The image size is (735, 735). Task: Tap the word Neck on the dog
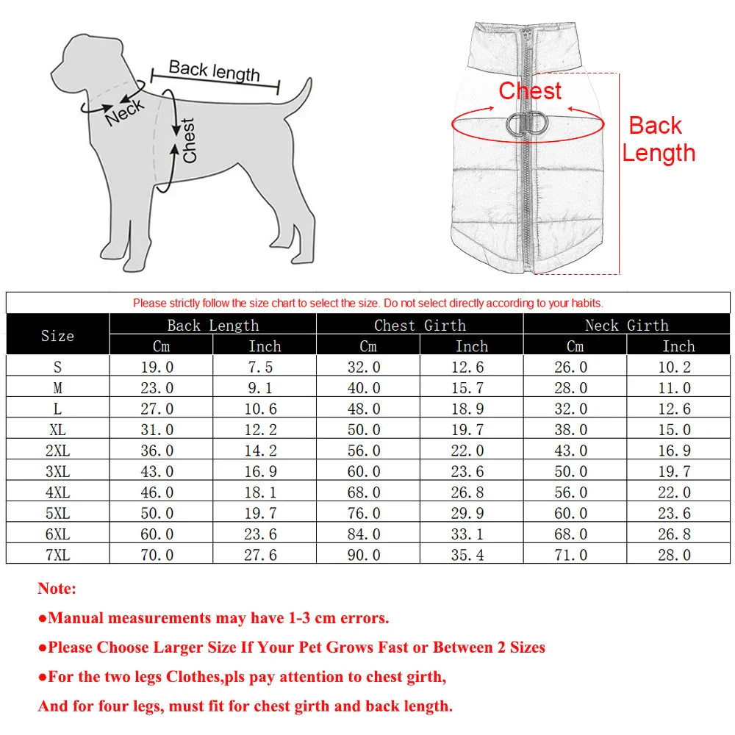point(125,112)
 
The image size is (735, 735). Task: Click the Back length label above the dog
point(214,71)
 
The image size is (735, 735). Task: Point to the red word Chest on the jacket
point(530,91)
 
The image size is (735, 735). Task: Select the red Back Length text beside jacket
point(658,139)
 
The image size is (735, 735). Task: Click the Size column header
point(57,335)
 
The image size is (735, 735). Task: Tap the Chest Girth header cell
point(420,325)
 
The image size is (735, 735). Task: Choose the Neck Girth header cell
point(626,325)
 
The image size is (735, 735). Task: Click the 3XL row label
point(57,471)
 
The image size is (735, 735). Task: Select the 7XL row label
point(57,555)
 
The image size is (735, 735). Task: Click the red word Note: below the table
point(57,588)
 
